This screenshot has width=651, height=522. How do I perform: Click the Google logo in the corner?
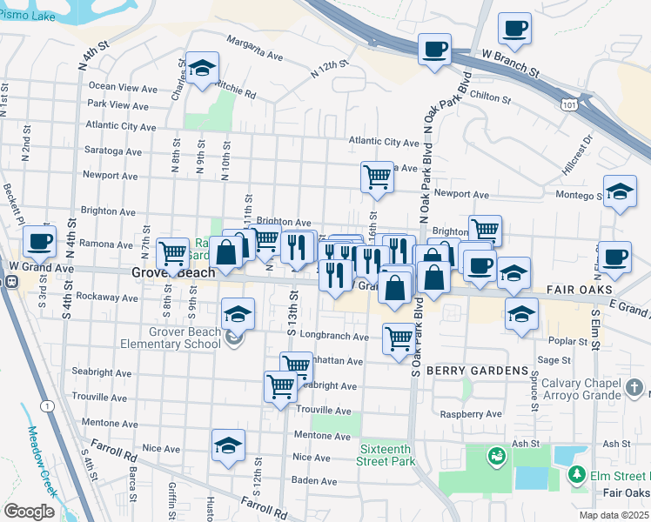pyautogui.click(x=30, y=512)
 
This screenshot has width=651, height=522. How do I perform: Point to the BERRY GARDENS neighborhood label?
pyautogui.click(x=466, y=369)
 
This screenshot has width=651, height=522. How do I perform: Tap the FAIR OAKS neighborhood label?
pyautogui.click(x=560, y=288)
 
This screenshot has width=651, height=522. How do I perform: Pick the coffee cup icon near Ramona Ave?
pyautogui.click(x=38, y=241)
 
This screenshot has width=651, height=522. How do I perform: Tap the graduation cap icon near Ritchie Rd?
pyautogui.click(x=202, y=69)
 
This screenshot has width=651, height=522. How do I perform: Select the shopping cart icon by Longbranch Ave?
pyautogui.click(x=399, y=338)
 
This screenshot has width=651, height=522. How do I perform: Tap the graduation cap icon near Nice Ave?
pyautogui.click(x=228, y=445)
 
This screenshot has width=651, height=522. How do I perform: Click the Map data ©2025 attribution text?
pyautogui.click(x=614, y=514)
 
